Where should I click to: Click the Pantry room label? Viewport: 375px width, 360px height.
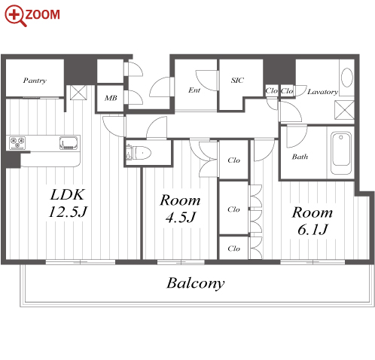coord(35,81)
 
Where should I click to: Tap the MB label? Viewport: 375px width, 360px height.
coord(111,98)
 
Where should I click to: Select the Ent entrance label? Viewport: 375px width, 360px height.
coord(194,90)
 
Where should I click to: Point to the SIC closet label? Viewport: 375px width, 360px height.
coord(237,80)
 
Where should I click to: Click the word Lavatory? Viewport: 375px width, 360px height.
coord(323,92)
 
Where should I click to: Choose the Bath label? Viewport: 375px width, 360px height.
coord(300,157)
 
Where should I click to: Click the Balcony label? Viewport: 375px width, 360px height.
coord(196,283)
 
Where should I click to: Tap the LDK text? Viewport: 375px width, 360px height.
coord(67,194)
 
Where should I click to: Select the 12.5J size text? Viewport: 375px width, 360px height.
coord(68,212)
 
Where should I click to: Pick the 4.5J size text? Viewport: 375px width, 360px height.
coord(181,218)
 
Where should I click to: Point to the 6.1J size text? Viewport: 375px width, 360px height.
coord(312,230)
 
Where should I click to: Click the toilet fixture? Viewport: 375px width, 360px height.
coord(139,152)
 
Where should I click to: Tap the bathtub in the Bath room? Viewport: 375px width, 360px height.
coord(341,153)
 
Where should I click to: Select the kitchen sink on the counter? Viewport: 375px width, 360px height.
coord(69,143)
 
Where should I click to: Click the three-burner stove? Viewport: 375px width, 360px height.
coord(17,142)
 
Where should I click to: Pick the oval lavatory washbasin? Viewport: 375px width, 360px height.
coord(347,78)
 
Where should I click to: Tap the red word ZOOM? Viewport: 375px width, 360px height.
coord(43,14)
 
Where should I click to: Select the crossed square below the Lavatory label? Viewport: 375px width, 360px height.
coord(345,110)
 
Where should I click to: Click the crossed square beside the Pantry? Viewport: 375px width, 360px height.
coord(78,93)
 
